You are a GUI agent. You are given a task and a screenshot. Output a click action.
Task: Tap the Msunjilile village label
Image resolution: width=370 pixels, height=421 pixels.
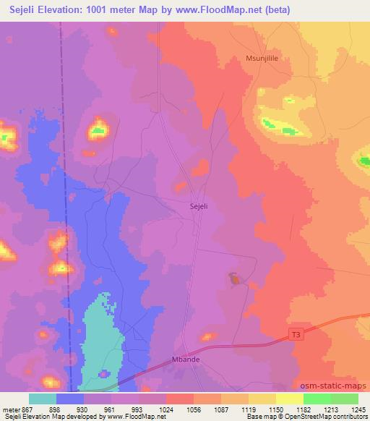point(267,61)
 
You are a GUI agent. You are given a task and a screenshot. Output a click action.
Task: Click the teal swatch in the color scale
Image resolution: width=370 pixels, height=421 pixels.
point(43,399)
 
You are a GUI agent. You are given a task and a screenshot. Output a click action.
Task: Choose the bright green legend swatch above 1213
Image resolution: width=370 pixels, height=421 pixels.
point(317,399)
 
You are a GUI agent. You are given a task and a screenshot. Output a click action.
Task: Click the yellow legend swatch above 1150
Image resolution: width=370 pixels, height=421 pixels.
point(289,399)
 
